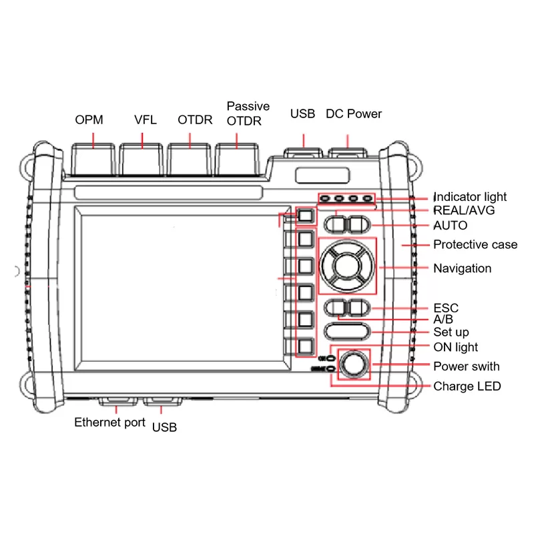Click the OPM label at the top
click(89, 120)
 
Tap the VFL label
click(145, 120)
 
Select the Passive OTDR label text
click(248, 113)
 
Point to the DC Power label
click(354, 113)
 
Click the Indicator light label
click(471, 197)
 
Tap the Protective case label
click(475, 244)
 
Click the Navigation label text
click(463, 268)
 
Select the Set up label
click(451, 332)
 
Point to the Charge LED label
click(467, 386)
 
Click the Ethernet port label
click(109, 422)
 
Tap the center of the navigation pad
click(347, 265)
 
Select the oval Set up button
click(346, 331)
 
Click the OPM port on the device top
click(93, 160)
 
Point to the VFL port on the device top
click(142, 160)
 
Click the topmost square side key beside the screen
click(305, 216)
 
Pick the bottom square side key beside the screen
click(305, 346)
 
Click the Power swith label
click(466, 366)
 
